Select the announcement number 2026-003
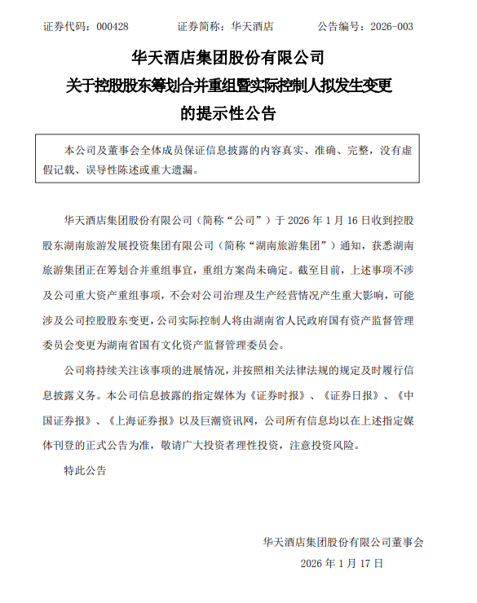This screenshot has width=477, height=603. [391, 27]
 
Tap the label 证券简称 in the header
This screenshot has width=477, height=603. [198, 27]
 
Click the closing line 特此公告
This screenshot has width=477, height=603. [85, 470]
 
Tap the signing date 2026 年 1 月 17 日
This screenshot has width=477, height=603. [342, 563]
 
